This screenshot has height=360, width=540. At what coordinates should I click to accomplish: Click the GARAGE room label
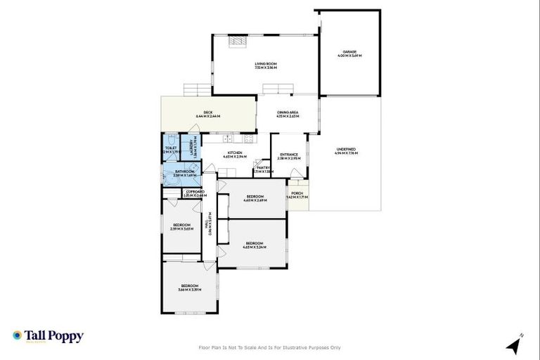[349, 52]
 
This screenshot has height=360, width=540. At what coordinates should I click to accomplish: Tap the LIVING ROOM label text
[266, 64]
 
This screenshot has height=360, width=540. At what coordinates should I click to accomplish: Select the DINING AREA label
[288, 112]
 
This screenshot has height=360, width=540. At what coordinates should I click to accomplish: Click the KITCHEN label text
[234, 153]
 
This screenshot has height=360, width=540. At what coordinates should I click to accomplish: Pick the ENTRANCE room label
[290, 155]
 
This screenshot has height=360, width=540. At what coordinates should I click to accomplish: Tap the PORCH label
[297, 193]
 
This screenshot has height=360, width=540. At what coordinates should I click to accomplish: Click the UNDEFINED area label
[346, 149]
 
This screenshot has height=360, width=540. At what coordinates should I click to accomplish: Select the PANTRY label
[264, 168]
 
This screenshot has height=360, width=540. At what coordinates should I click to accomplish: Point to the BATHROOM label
[185, 171]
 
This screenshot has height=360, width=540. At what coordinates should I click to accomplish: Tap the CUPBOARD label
[195, 191]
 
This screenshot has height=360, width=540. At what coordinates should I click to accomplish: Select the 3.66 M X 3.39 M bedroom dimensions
[189, 289]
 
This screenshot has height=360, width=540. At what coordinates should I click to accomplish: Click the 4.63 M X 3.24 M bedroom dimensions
[254, 246]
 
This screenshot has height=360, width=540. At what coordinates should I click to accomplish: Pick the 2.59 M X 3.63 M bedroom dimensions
[182, 229]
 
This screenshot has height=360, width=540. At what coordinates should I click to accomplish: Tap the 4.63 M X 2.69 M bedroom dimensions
[254, 200]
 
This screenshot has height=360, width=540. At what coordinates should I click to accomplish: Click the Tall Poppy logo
[48, 336]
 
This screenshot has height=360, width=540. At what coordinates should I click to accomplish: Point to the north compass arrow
[513, 345]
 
